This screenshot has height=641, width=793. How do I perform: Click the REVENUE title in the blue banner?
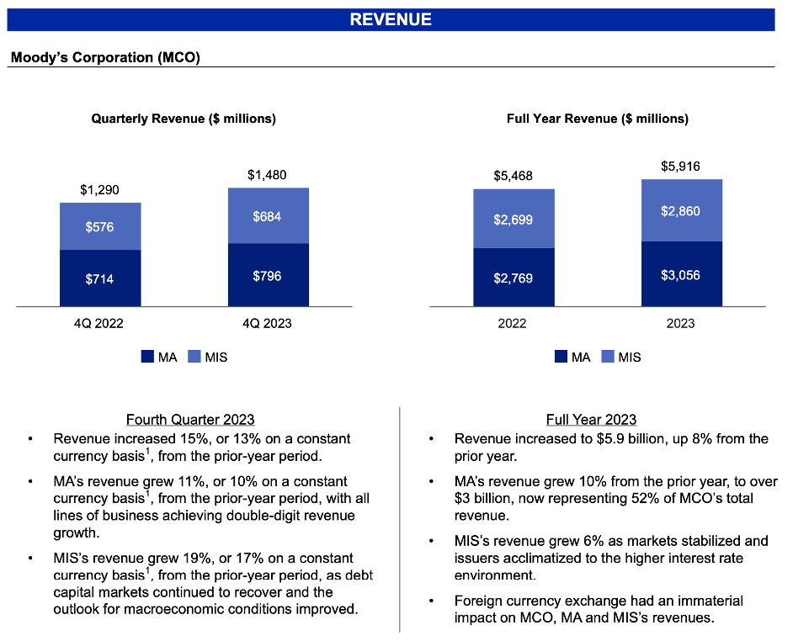(x=391, y=19)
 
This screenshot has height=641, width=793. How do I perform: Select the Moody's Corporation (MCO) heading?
(x=105, y=58)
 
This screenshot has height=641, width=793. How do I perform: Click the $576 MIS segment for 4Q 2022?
(x=99, y=227)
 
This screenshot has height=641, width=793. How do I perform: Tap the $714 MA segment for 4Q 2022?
(x=99, y=278)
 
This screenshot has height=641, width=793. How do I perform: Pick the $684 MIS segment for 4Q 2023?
(x=267, y=216)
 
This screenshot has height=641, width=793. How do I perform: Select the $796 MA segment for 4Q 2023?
(x=267, y=275)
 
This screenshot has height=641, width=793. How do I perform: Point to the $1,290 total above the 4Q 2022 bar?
(x=99, y=190)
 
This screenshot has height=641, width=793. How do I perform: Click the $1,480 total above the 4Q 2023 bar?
(x=267, y=175)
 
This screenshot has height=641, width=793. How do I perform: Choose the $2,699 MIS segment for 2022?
(x=513, y=220)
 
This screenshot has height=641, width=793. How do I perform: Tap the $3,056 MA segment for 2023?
(x=680, y=275)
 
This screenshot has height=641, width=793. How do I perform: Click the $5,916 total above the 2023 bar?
(x=680, y=166)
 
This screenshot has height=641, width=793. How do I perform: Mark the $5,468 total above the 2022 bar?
(x=513, y=176)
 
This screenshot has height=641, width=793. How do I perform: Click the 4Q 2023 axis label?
(x=267, y=323)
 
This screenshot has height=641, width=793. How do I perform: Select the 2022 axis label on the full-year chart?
(x=513, y=323)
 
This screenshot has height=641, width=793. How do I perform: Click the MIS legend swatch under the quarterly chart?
(x=194, y=357)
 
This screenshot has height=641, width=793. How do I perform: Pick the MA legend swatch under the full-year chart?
(x=561, y=357)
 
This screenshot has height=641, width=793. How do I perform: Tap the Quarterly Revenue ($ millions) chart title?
(x=184, y=119)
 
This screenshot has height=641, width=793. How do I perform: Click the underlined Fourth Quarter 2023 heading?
(x=190, y=419)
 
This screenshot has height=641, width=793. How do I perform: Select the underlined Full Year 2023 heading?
(x=591, y=419)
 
